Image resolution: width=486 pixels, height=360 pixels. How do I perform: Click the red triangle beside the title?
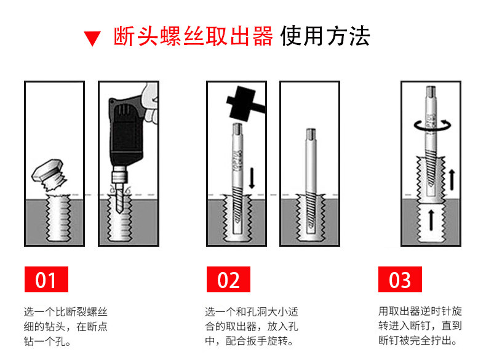[92, 39]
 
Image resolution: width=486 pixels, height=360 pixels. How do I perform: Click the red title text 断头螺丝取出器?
[193, 37]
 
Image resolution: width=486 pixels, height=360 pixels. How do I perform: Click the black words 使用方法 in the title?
[325, 37]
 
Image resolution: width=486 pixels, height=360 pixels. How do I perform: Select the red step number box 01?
[46, 280]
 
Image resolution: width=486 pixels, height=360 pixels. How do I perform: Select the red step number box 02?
[228, 280]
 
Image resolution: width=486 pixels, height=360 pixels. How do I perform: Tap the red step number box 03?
[400, 280]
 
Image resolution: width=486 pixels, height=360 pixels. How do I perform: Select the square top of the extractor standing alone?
[311, 134]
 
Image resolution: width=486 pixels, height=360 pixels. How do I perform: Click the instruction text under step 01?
[61, 326]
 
